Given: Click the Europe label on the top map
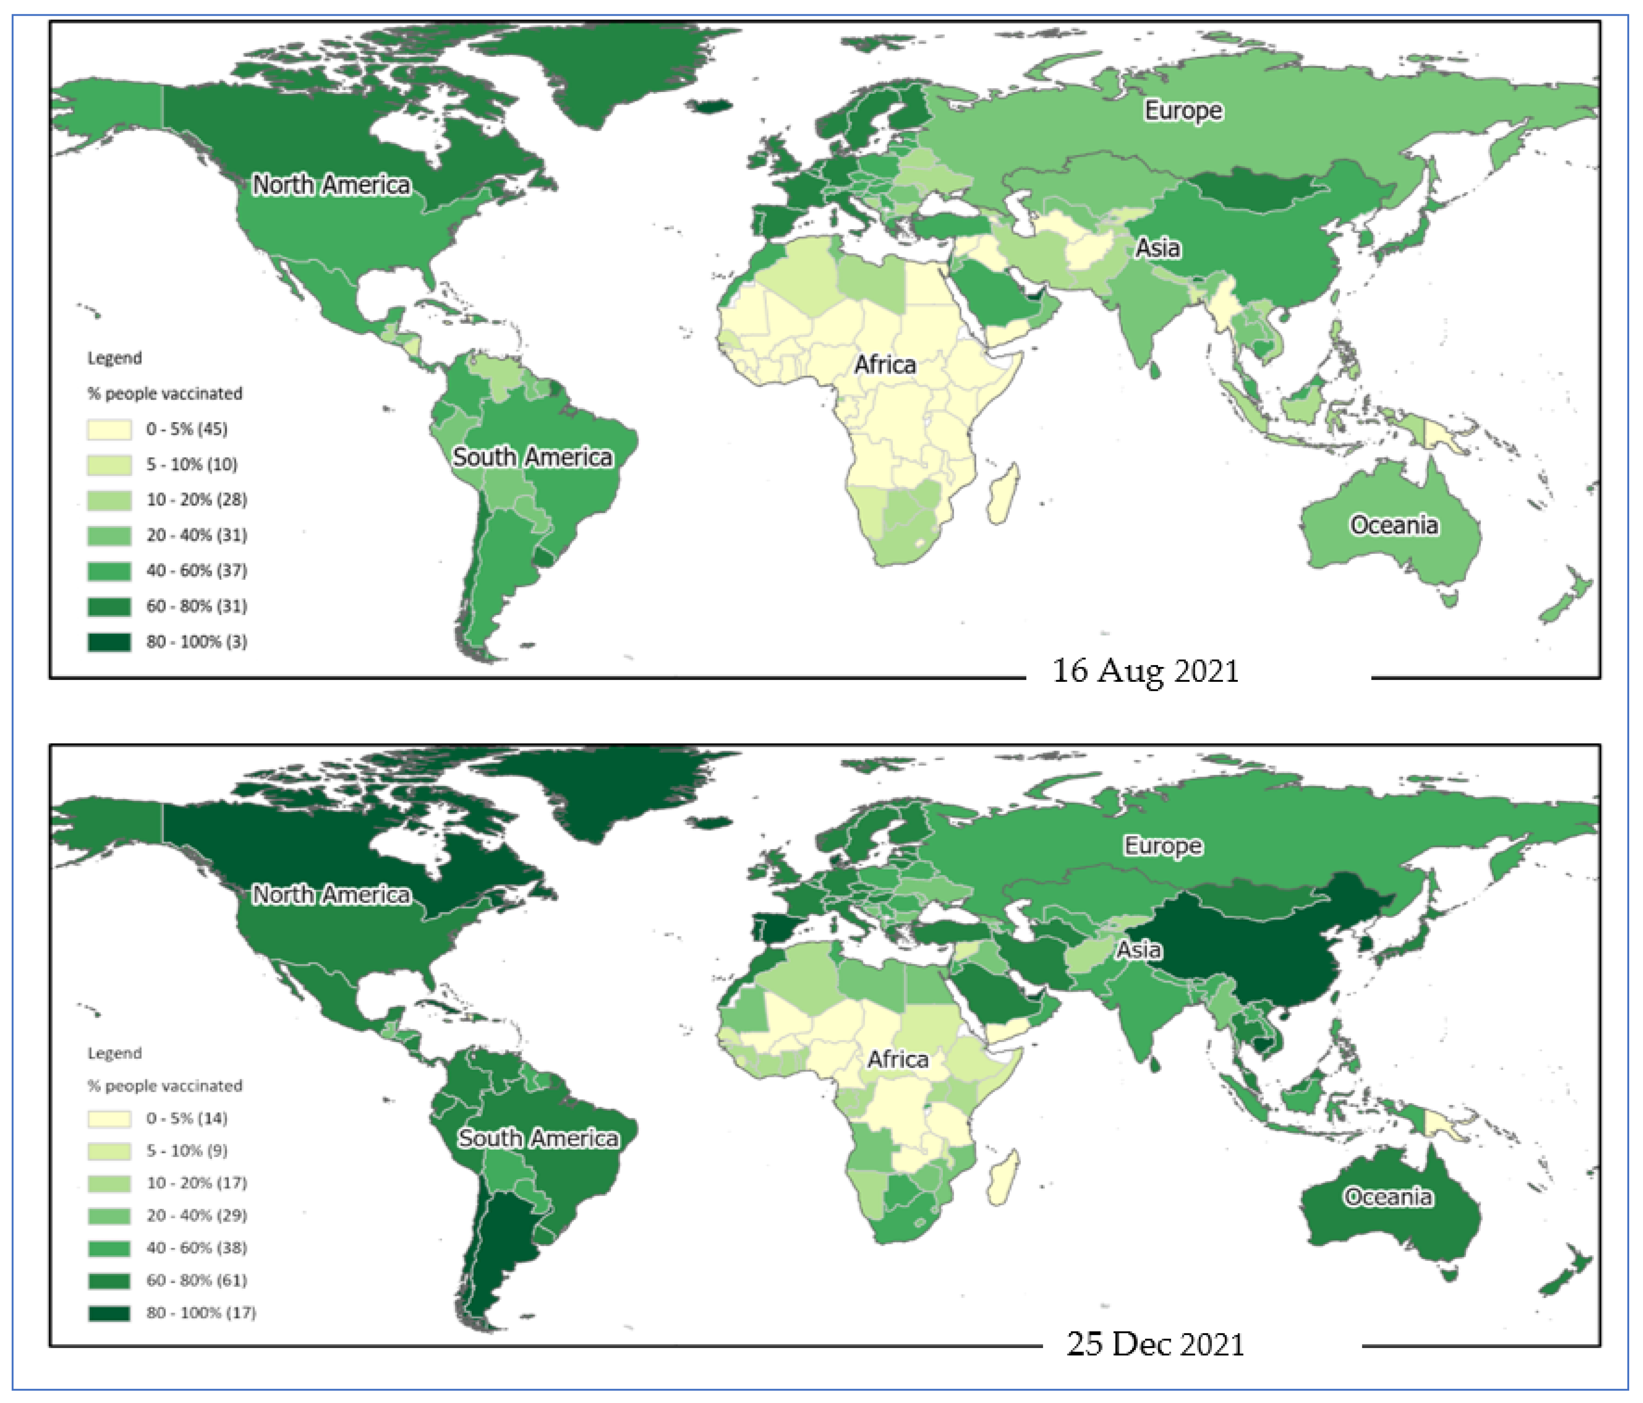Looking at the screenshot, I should pyautogui.click(x=1183, y=111).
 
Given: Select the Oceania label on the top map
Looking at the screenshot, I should pyautogui.click(x=1393, y=525).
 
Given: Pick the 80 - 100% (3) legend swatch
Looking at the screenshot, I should pyautogui.click(x=110, y=641).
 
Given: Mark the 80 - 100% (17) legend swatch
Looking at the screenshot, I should pyautogui.click(x=110, y=1313).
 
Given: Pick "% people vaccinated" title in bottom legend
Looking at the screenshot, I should pyautogui.click(x=165, y=1086).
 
